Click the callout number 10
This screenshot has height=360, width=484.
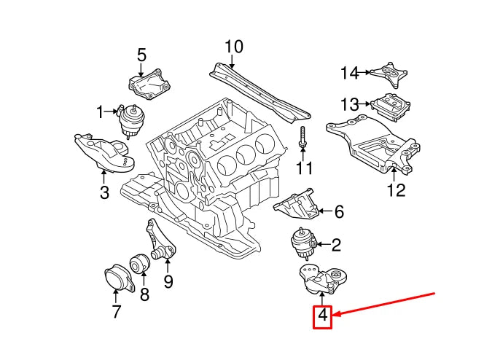233,47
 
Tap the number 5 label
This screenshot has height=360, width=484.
141,55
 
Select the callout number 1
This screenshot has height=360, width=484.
100,111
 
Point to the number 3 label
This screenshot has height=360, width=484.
104,192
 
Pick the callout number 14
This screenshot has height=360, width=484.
350,73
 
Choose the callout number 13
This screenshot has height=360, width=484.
350,103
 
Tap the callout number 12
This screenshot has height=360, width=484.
395,191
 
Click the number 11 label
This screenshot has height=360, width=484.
303,168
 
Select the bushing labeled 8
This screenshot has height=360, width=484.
139,265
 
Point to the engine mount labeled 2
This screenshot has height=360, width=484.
300,244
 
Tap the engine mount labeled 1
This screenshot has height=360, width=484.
133,120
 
